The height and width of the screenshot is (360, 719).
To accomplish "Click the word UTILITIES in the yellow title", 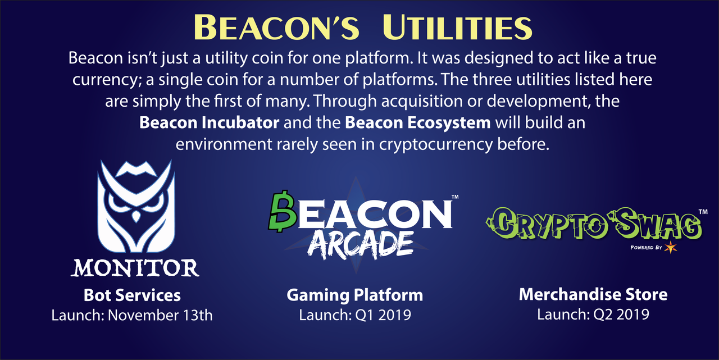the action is click(457, 28).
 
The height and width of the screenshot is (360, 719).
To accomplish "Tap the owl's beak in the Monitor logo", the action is click(136, 216).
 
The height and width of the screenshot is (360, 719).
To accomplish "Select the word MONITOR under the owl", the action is click(135, 268).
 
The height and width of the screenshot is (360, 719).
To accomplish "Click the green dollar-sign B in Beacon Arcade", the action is click(282, 211).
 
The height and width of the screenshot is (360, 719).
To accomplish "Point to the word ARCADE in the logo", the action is click(360, 245).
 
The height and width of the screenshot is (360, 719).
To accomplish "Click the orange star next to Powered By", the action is click(671, 247).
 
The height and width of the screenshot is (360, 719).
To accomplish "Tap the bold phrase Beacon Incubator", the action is click(210, 122).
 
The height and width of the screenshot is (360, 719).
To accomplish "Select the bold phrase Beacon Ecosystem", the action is click(418, 123).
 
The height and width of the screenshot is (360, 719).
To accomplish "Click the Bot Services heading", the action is click(132, 295).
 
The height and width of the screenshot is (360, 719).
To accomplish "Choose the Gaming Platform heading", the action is click(354, 295).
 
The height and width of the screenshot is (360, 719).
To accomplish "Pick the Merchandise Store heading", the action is click(593, 294).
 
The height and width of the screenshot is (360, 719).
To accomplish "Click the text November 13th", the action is click(160, 315).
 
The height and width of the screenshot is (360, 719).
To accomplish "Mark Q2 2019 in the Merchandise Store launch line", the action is click(621, 314).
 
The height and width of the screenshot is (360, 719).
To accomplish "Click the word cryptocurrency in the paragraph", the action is click(435, 144).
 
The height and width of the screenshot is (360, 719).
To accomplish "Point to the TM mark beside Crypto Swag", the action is click(703, 212).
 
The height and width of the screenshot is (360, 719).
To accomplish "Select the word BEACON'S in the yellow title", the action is click(276, 28).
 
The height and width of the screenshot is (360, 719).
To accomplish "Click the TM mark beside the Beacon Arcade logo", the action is click(455, 197).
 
